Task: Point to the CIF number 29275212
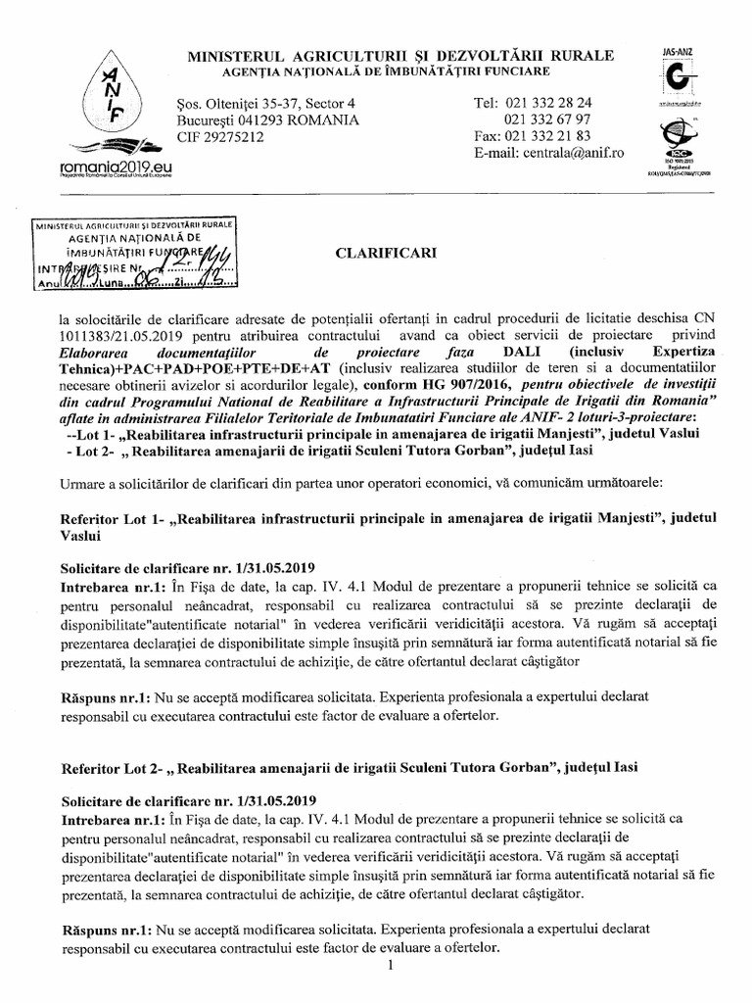tap(213, 137)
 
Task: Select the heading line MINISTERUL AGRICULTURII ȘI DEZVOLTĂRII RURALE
tap(400, 54)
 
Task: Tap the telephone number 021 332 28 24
tap(548, 102)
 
